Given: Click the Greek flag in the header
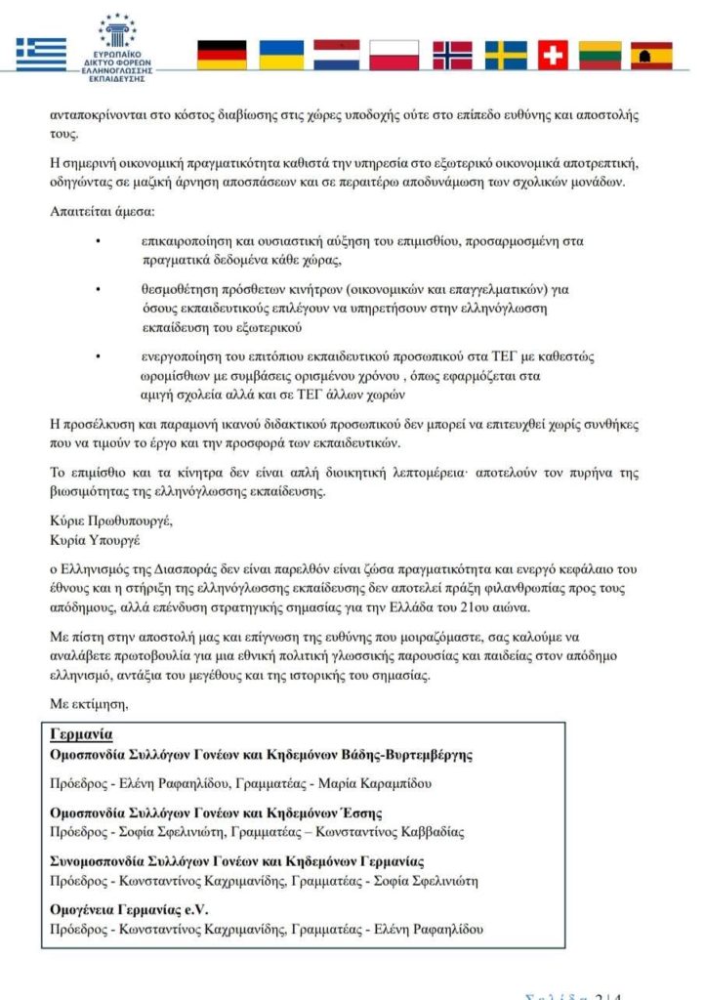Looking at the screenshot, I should pyautogui.click(x=41, y=55).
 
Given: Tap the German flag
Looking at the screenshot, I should pyautogui.click(x=222, y=55).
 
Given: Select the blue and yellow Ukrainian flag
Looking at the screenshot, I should pyautogui.click(x=278, y=55).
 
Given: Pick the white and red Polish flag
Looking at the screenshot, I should pyautogui.click(x=394, y=55).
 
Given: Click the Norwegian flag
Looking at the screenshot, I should pyautogui.click(x=451, y=55).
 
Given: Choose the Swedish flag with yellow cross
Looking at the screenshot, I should pyautogui.click(x=507, y=55).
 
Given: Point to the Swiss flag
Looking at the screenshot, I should pyautogui.click(x=553, y=55).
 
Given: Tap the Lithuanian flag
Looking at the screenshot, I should pyautogui.click(x=601, y=55).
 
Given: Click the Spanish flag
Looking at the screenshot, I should pyautogui.click(x=651, y=55).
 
